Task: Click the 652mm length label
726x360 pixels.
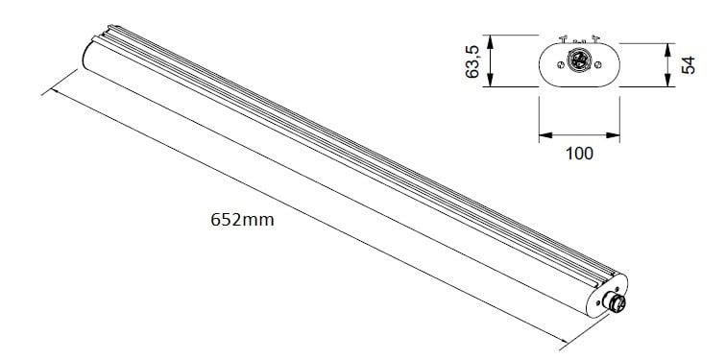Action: [x=242, y=219]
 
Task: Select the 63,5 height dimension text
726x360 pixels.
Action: [x=472, y=61]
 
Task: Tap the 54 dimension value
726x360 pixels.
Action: [x=689, y=64]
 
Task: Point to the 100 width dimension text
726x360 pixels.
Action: [x=579, y=154]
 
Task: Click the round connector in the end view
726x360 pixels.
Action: [x=578, y=60]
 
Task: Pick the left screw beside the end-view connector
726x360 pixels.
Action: [x=560, y=64]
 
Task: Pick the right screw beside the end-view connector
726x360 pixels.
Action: [x=597, y=64]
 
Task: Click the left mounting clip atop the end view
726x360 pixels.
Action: [x=564, y=38]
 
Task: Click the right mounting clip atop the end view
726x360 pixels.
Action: [x=595, y=38]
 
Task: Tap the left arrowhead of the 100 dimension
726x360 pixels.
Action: [x=545, y=135]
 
